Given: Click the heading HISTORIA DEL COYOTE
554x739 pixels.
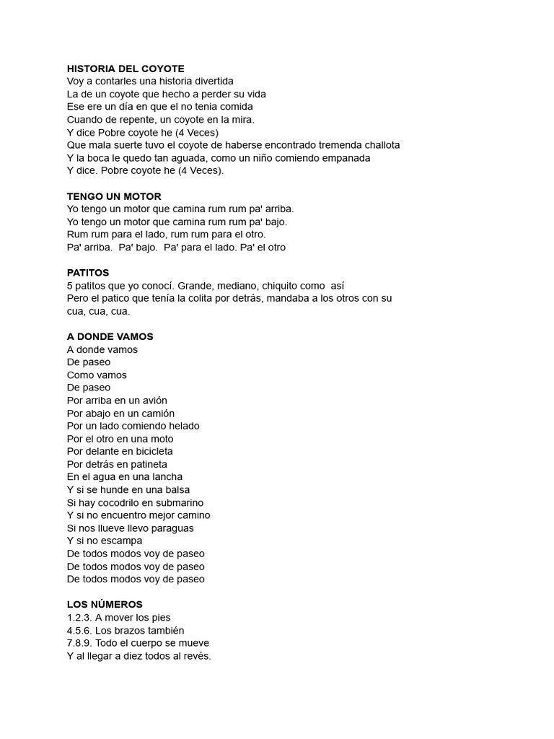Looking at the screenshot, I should pyautogui.click(x=126, y=69).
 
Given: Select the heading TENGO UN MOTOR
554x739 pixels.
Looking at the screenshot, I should pyautogui.click(x=114, y=196).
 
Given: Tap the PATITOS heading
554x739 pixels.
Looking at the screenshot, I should pyautogui.click(x=88, y=273).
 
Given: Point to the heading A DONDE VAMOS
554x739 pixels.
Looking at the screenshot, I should pyautogui.click(x=110, y=336).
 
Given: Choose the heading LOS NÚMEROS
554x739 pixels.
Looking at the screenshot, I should pyautogui.click(x=105, y=604).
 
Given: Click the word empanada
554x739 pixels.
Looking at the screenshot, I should pyautogui.click(x=344, y=158).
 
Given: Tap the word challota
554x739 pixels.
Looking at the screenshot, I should pyautogui.click(x=376, y=145).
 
